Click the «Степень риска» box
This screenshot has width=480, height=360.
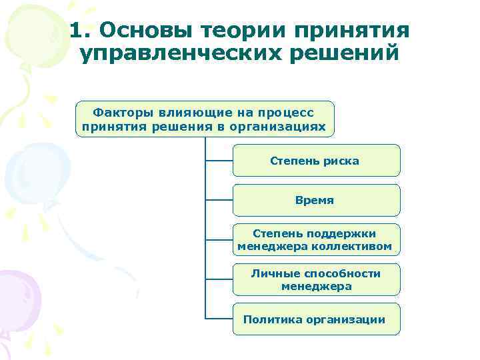(316, 161)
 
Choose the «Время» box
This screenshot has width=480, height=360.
(316, 200)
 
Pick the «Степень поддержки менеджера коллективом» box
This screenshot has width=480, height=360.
(316, 240)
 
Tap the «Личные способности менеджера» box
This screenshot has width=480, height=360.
(316, 279)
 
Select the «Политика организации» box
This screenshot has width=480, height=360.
(316, 319)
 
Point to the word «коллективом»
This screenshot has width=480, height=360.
(361, 247)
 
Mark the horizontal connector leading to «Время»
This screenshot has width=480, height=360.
(219, 199)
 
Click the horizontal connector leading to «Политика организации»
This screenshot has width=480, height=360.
(219, 319)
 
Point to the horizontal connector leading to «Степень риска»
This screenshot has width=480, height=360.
(219, 160)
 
